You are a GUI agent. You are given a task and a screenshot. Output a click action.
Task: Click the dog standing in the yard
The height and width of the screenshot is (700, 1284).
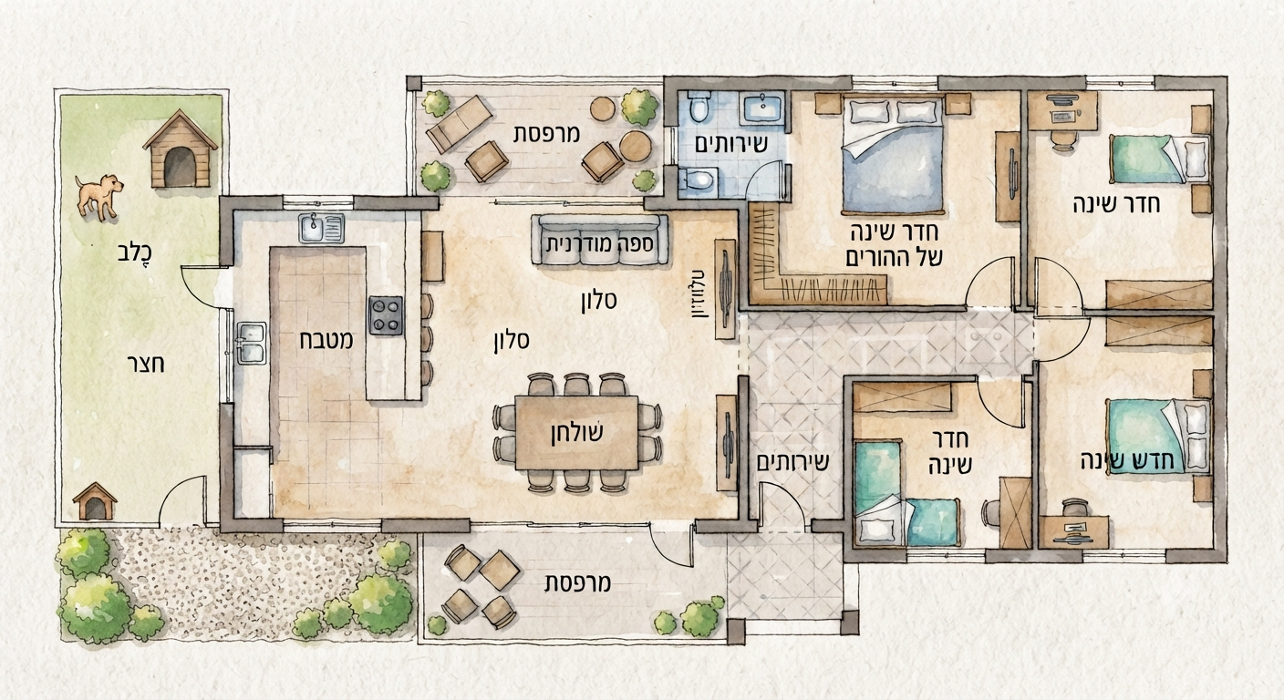pos(98,196)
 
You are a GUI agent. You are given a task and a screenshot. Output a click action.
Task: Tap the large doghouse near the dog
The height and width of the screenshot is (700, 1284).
pos(180,150)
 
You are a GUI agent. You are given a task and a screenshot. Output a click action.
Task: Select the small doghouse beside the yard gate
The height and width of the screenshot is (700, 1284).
pos(95,500)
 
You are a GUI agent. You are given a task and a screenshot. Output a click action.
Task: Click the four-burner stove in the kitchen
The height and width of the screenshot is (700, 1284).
pos(386,315)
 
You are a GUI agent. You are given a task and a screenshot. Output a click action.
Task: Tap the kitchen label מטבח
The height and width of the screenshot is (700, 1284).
pos(326,342)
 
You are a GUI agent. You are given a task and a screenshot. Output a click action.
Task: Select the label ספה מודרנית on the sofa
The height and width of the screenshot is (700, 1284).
pos(599,244)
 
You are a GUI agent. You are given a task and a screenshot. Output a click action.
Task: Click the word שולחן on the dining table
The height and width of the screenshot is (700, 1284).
pos(576,434)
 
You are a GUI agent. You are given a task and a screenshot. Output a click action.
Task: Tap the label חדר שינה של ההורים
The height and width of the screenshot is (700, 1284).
pos(894,246)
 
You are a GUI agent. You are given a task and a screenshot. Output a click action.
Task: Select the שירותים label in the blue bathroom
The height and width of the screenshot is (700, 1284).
pos(730,144)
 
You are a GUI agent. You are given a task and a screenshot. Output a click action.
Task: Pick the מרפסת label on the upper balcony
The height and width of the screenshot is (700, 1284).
pos(546,134)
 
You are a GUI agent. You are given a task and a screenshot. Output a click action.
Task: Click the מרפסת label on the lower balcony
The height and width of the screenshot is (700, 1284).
pos(578,583)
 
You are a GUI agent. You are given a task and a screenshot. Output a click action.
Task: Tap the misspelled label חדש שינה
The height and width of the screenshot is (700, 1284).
pos(1127,461)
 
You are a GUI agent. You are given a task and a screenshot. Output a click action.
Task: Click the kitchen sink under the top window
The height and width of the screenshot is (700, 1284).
pos(321,229)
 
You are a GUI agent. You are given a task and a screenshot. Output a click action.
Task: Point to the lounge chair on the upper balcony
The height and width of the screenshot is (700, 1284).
pos(459,124)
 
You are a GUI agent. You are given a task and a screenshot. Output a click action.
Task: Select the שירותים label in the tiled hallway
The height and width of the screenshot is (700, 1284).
pos(792,462)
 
